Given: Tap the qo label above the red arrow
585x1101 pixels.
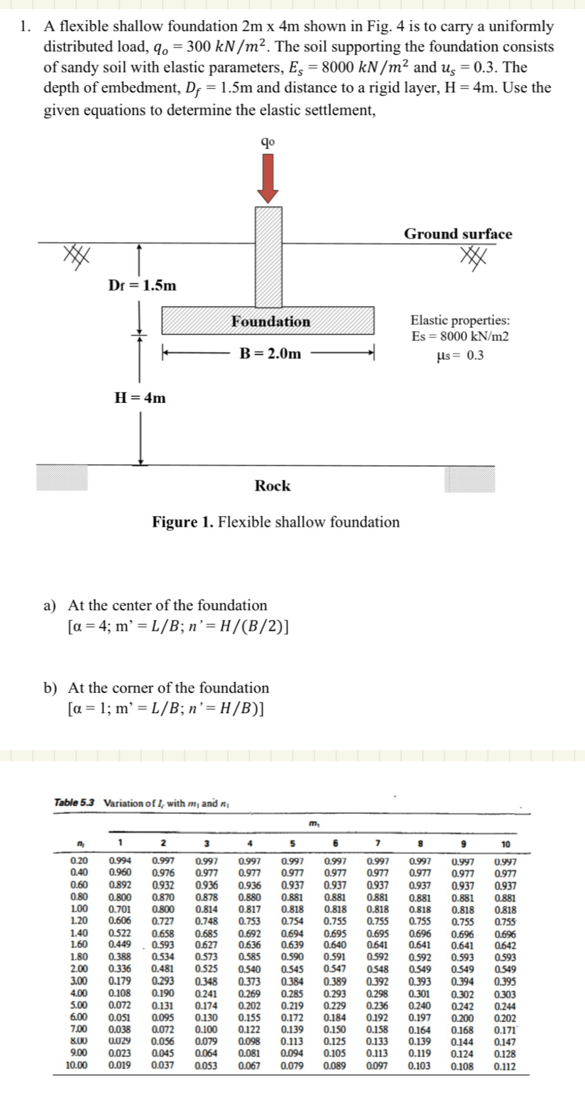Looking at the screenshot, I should pos(268,142).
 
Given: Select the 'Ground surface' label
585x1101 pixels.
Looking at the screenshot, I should pos(458,233).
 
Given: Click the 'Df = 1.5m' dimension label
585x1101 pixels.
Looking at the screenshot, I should pos(142,285).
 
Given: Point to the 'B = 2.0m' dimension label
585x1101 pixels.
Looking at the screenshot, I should pos(270,354).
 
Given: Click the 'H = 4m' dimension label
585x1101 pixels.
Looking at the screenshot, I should pos(139,398).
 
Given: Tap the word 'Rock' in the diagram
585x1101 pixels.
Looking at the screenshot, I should pos(272,486).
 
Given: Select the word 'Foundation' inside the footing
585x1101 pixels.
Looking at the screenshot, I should pos(271,321).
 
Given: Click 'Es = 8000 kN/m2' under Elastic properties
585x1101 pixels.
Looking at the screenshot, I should pos(460,336).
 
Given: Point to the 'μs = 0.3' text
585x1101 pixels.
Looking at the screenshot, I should pos(460,355).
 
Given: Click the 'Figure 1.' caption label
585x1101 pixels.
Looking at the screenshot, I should pos(183,522).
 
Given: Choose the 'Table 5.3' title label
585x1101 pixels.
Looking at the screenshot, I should pos(74,802).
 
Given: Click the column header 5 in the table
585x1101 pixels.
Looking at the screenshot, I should pos(293,844).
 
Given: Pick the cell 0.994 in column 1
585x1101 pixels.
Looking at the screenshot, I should pos(120,861).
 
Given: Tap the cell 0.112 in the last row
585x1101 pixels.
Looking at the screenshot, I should pos(505,1066).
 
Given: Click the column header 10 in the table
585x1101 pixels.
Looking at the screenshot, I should pos(505,844).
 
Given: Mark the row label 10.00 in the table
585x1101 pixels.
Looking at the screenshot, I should pos(76,1066).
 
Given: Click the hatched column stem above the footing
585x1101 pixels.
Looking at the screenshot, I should pos(268,256).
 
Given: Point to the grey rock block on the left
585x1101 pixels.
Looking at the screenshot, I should pos(61,478).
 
